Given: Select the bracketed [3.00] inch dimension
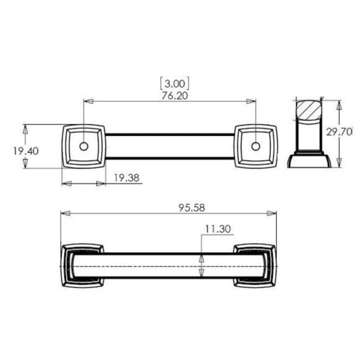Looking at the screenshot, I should tap(174, 84).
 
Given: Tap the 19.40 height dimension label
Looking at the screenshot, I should tap(26, 151).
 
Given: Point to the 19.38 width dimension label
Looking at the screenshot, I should tap(126, 178).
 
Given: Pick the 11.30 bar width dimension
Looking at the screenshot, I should tap(218, 229).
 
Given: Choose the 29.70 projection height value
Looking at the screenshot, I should tap(339, 132).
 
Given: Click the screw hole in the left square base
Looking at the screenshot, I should tap(84, 146).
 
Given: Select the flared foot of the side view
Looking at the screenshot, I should tap(309, 161).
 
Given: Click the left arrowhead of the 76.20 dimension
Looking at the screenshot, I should tap(88, 101).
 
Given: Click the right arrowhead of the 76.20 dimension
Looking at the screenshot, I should tap(251, 101).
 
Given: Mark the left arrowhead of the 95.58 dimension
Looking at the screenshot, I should tap(65, 213).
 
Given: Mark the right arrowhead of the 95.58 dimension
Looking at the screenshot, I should tap(272, 213).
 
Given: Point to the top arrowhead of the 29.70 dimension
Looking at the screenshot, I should tap(339, 105).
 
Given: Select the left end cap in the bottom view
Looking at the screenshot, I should tap(82, 266).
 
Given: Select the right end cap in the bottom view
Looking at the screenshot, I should tap(255, 266).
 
